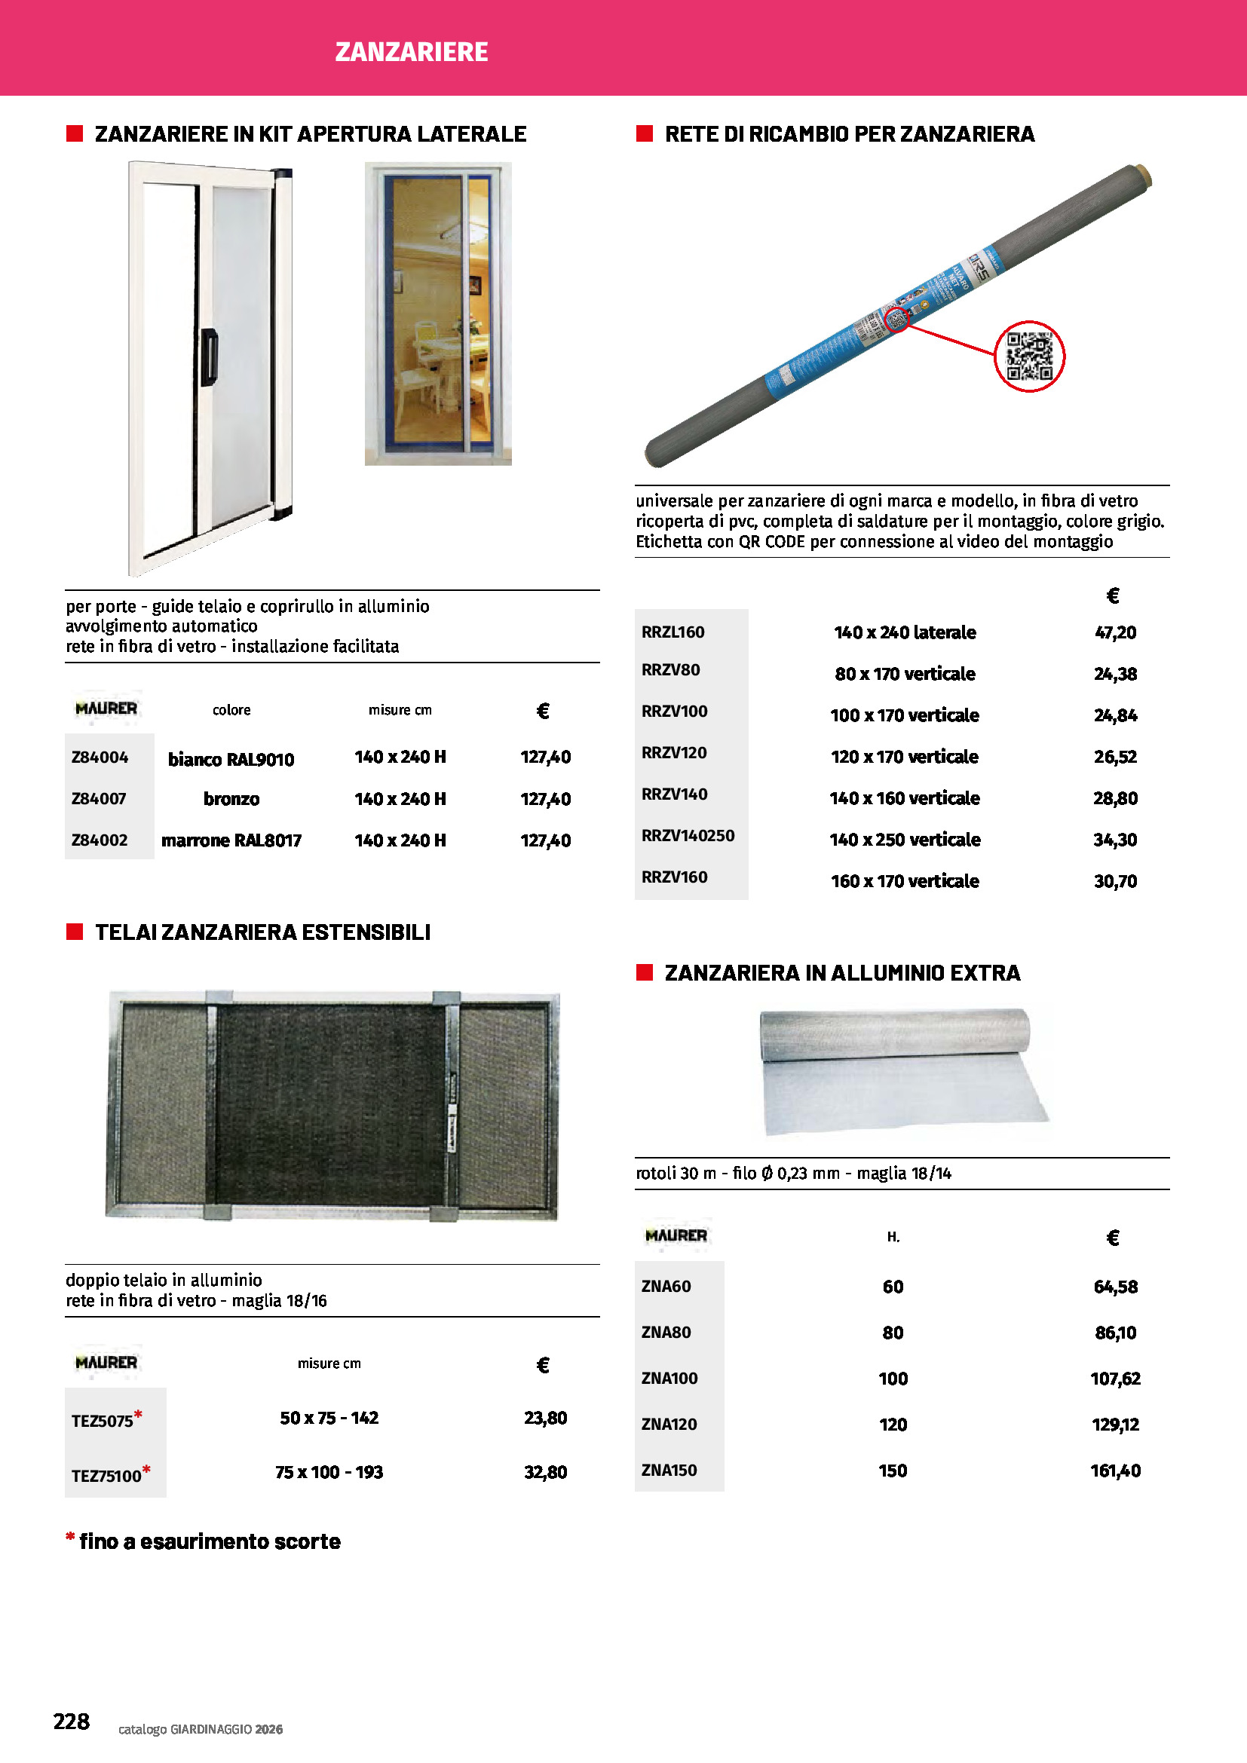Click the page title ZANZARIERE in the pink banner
(412, 52)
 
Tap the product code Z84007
(99, 798)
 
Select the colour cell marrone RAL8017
(231, 840)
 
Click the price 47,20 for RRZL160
(1115, 632)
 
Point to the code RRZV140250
(688, 835)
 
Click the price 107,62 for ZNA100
(1115, 1379)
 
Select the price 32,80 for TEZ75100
(545, 1472)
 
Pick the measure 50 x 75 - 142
(329, 1418)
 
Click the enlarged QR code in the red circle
(1029, 357)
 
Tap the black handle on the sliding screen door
(210, 357)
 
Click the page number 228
(72, 1721)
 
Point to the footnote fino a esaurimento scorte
(209, 1541)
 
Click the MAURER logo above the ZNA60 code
(676, 1235)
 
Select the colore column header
(231, 710)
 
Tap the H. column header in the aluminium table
(893, 1237)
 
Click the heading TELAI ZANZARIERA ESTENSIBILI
(262, 932)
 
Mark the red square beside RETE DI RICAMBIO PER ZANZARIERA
(644, 133)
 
